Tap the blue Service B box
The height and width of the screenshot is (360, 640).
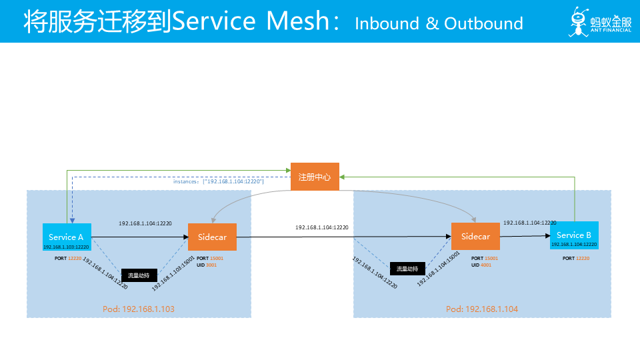(x=574, y=237)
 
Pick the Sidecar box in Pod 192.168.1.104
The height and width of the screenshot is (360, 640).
(x=475, y=237)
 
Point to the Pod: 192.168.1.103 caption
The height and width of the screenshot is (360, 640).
(x=139, y=309)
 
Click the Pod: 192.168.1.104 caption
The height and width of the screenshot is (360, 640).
(x=482, y=309)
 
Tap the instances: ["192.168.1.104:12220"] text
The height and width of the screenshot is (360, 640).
(x=219, y=181)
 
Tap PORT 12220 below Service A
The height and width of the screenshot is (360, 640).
(x=68, y=257)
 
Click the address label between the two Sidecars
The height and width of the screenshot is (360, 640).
(x=322, y=228)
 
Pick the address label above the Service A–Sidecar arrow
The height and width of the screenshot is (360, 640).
(x=145, y=223)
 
